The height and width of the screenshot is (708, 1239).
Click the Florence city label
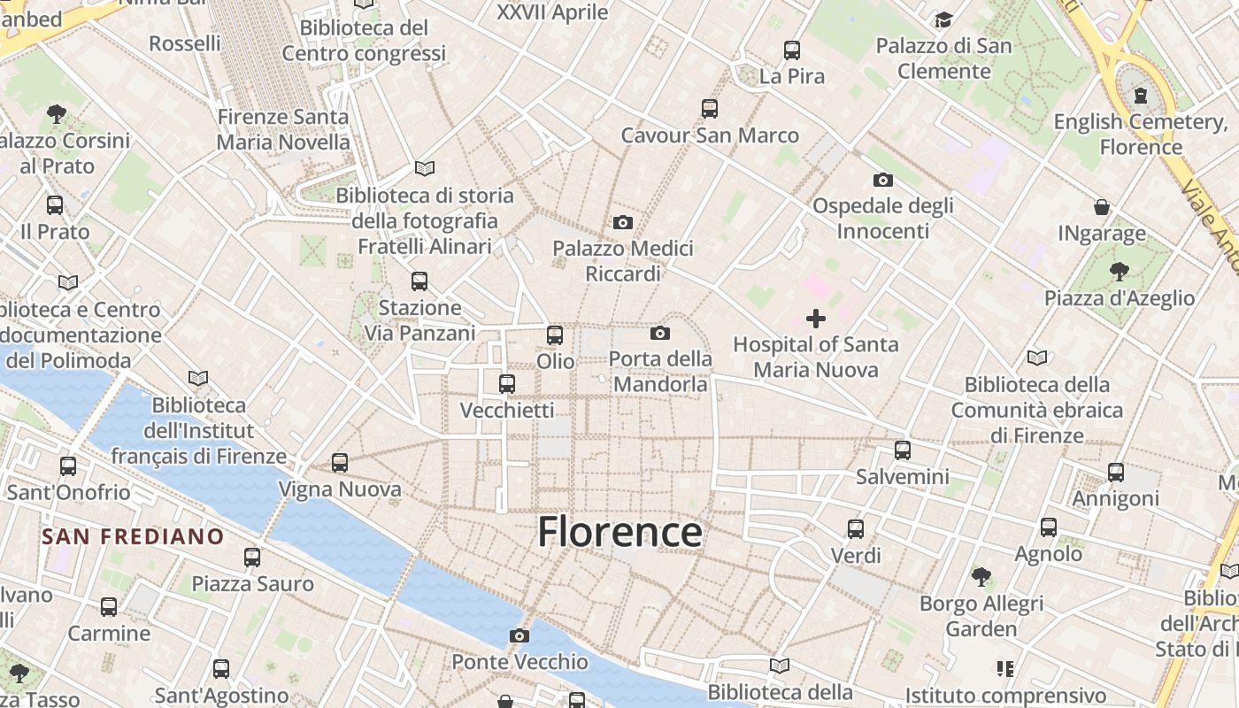click(x=619, y=532)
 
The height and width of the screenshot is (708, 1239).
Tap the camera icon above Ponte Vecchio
click(x=519, y=635)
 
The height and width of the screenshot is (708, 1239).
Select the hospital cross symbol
click(x=816, y=319)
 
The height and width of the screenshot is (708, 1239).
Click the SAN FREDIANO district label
click(x=133, y=536)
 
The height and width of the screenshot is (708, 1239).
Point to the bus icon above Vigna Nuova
click(x=340, y=463)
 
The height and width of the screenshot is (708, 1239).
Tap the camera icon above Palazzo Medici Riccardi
click(x=623, y=222)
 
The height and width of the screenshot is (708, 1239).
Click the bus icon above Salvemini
click(x=903, y=450)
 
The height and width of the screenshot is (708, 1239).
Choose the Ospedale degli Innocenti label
click(x=883, y=219)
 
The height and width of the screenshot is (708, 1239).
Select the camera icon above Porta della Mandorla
click(x=659, y=333)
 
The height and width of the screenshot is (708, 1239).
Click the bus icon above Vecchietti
click(x=507, y=384)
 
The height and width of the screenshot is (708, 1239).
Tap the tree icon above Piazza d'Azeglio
click(x=1120, y=271)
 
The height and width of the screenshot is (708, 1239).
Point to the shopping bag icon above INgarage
click(x=1102, y=207)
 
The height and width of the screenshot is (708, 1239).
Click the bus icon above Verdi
click(x=856, y=529)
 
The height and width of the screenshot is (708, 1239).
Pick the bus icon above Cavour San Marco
click(x=710, y=109)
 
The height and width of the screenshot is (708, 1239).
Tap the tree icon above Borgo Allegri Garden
click(x=981, y=577)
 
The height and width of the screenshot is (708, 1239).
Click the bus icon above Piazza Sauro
click(x=252, y=558)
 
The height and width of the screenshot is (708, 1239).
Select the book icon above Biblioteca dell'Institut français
click(x=198, y=378)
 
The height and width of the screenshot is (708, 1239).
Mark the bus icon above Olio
click(x=555, y=335)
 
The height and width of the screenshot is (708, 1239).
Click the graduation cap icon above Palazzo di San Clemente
click(x=943, y=19)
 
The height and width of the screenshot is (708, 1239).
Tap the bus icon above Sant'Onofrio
click(x=68, y=466)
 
